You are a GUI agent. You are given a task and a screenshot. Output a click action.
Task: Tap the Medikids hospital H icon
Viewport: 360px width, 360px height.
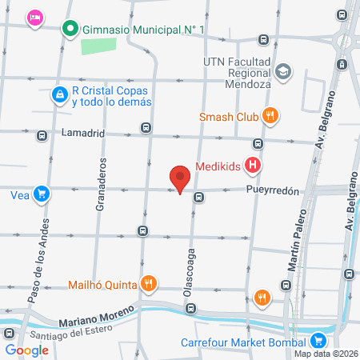point(254,167)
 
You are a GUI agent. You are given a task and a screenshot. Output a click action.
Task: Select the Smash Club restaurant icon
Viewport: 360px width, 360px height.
point(271,116)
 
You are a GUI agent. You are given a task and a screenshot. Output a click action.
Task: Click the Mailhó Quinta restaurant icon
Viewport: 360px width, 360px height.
point(148,283)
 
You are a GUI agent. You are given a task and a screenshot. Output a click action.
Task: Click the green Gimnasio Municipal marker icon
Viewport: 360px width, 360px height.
point(70,30)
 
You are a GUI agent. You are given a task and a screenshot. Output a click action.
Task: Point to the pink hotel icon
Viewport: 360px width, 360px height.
point(34,18)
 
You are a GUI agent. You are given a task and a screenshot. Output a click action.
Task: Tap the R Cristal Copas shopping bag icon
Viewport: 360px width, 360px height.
point(59,95)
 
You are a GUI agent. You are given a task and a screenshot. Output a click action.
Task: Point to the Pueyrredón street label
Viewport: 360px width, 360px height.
point(272,191)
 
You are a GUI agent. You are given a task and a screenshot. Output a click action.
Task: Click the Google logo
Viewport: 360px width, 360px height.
point(26,350)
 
